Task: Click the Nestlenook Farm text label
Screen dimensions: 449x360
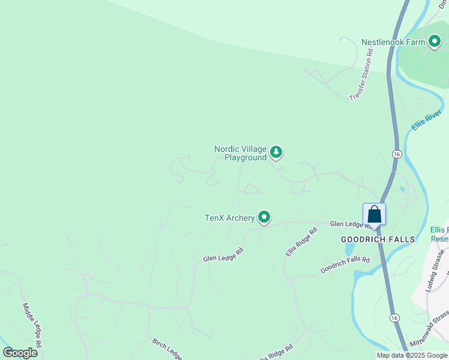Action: (x=393, y=42)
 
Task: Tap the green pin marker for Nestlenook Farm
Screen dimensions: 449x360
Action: (x=435, y=41)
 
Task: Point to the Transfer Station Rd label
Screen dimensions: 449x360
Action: (x=361, y=75)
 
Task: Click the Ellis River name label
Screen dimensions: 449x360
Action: (x=427, y=119)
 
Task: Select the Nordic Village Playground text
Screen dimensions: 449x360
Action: (x=240, y=153)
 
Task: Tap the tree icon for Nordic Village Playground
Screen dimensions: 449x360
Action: (x=276, y=152)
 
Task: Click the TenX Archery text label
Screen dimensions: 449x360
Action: (x=230, y=218)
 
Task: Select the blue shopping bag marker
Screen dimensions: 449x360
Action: (x=374, y=214)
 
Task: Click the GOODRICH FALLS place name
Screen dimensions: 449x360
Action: (x=378, y=239)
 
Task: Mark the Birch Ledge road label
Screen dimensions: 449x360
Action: (x=166, y=349)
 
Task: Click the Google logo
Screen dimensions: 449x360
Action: (x=20, y=353)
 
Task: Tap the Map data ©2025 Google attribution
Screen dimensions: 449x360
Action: (x=411, y=355)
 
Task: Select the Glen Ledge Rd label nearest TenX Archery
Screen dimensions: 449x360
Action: (x=223, y=254)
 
